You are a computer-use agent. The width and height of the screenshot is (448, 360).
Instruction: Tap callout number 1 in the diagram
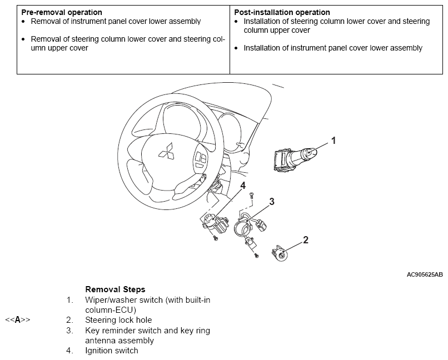333,141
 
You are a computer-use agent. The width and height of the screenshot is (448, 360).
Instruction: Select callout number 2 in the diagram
305,240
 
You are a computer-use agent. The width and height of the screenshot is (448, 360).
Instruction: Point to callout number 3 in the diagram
271,202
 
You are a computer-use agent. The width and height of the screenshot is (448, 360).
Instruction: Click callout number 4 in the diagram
243,185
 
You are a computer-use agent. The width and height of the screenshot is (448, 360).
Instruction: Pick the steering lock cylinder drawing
281,253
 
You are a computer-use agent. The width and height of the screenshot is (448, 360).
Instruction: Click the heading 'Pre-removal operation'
62,12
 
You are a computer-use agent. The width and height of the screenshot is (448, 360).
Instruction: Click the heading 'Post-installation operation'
282,12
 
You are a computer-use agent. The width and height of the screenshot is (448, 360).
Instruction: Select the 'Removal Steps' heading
115,289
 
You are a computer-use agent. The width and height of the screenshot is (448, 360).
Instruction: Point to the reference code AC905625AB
425,274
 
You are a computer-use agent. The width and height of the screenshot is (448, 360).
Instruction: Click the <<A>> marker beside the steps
17,320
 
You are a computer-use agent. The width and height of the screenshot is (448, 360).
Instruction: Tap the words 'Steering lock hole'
118,320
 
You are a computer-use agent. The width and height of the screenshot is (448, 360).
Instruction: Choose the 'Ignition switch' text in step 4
111,351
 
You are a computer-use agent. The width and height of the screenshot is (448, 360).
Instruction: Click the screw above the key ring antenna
251,194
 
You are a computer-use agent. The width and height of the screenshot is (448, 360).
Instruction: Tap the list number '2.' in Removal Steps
69,320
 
